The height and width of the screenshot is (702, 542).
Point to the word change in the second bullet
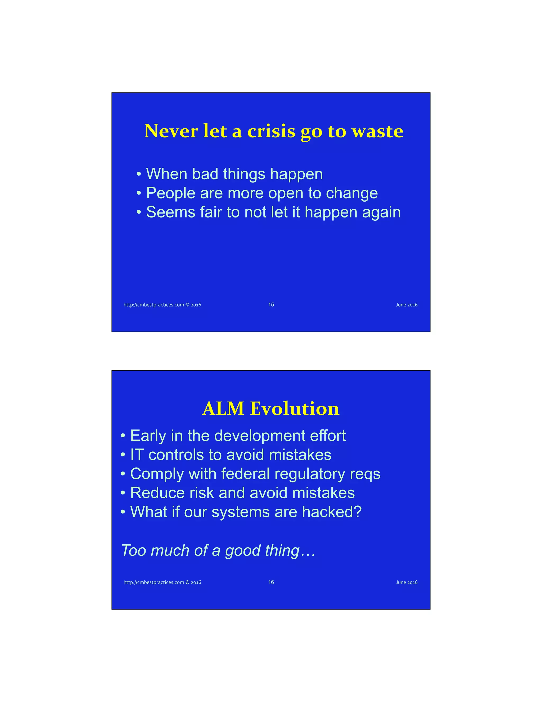coord(352,193)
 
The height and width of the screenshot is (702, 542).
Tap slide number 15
coord(271,304)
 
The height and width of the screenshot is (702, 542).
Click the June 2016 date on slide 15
coord(406,305)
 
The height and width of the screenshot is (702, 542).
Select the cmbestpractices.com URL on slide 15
coord(162,305)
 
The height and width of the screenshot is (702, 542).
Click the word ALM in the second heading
coord(223,408)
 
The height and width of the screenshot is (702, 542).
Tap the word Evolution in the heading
coord(295,408)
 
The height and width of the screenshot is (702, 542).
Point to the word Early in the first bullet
coord(148,436)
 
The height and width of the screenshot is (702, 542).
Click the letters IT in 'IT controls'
coord(137,455)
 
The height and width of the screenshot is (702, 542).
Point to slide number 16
coord(271,582)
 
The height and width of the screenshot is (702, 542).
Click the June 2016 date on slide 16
coord(406,583)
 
